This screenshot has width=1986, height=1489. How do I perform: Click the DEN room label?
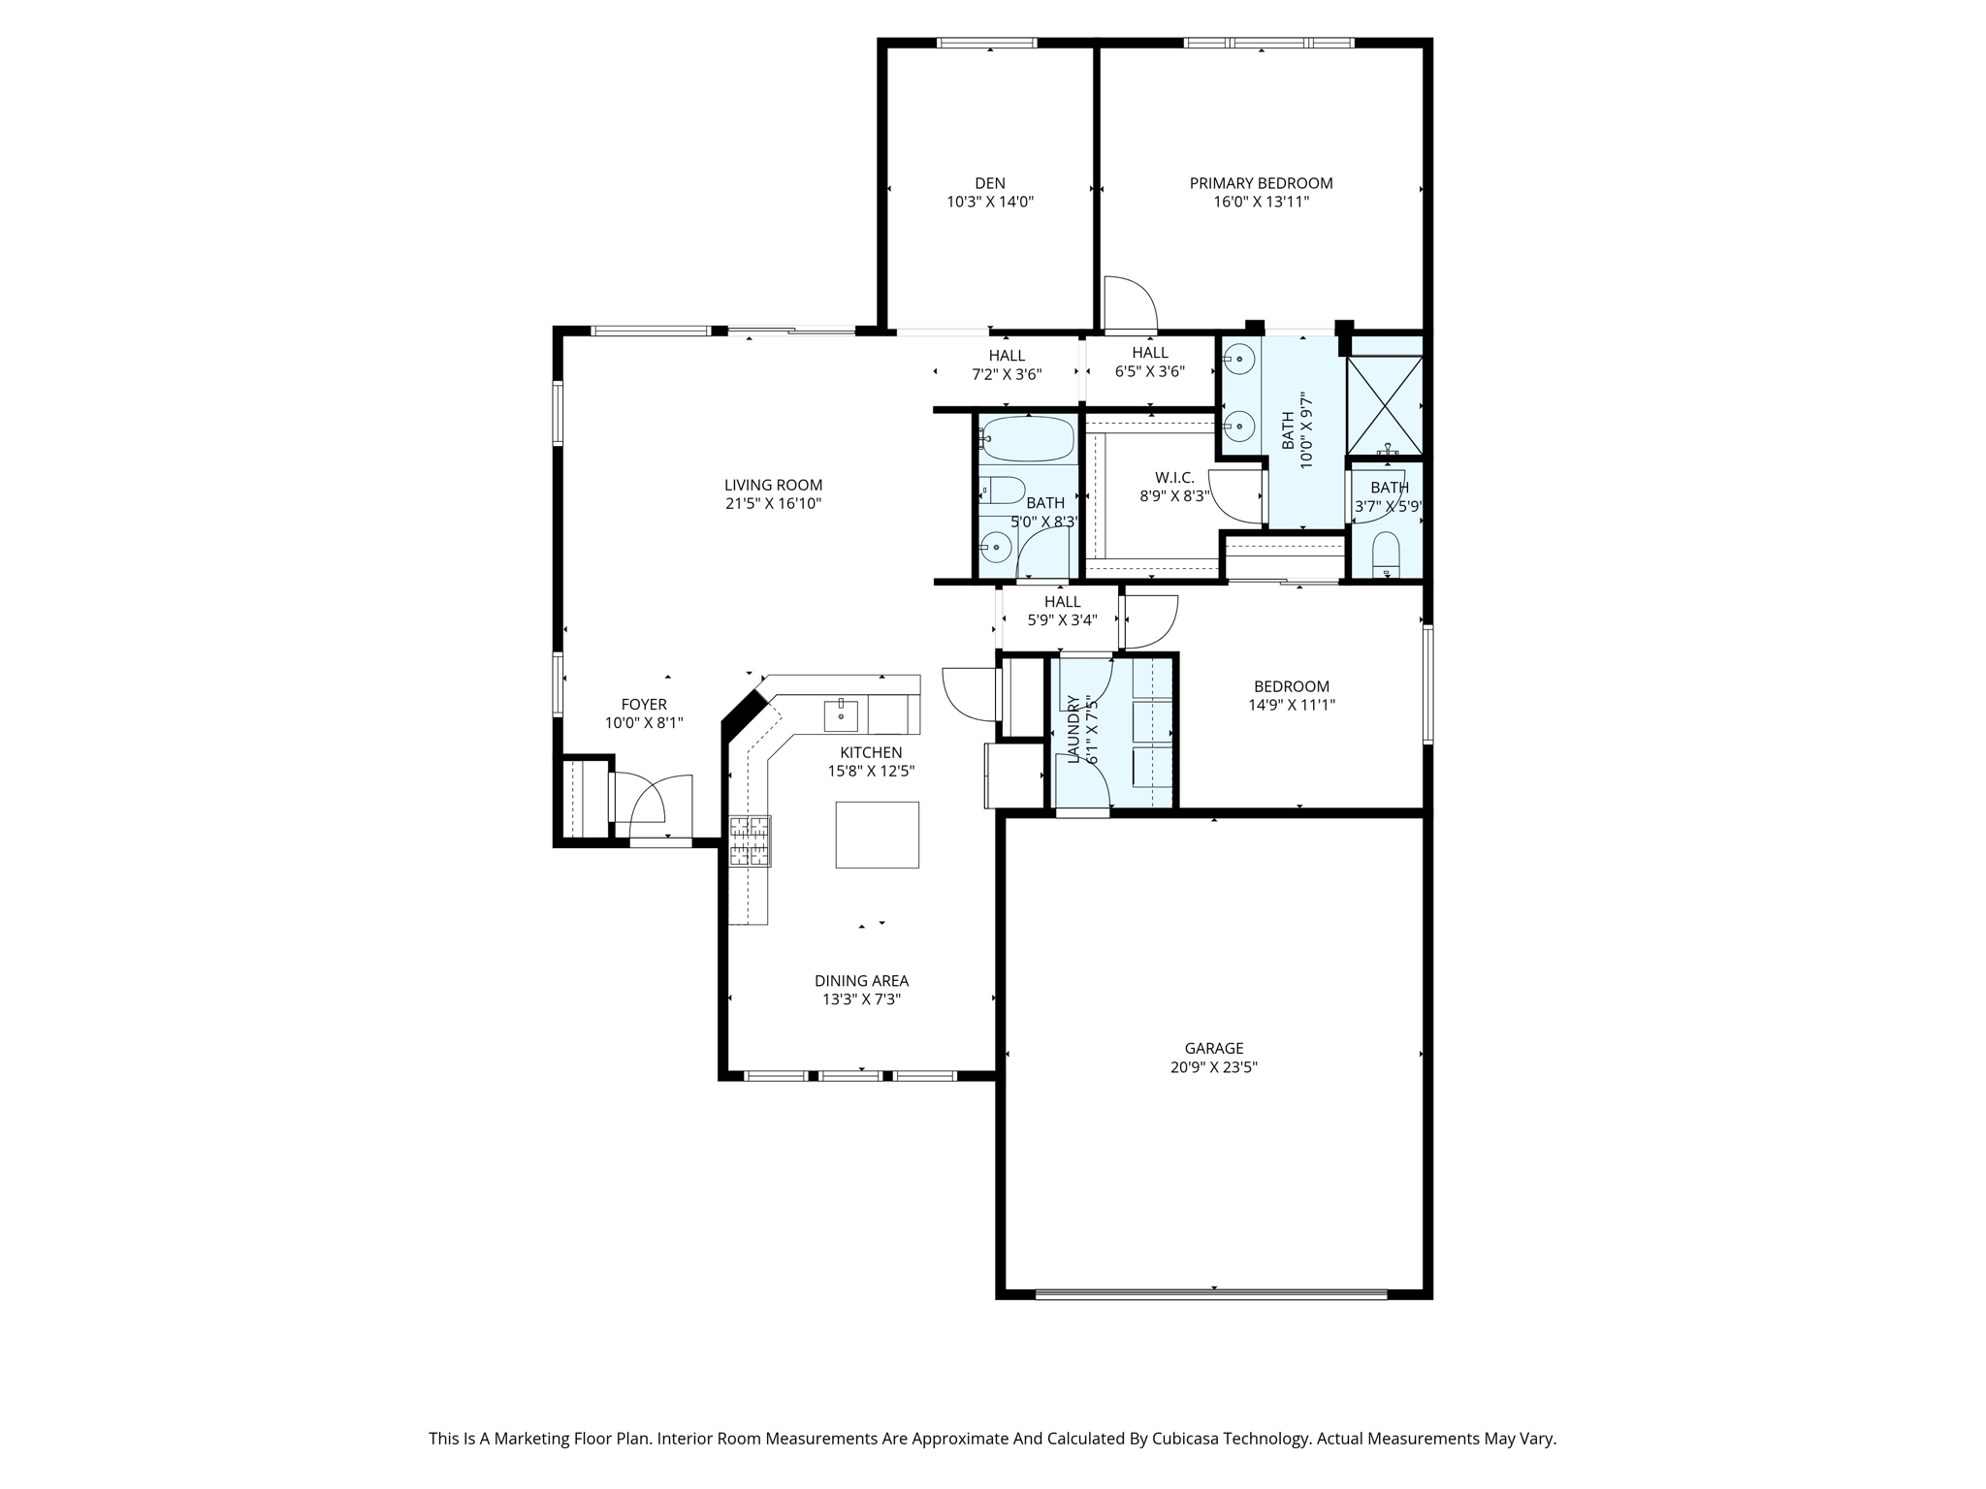click(x=990, y=183)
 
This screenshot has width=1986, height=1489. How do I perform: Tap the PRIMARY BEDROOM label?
click(x=1261, y=183)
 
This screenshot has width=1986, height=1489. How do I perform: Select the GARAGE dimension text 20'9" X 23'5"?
click(x=1214, y=1067)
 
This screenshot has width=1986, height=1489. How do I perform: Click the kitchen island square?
click(x=878, y=835)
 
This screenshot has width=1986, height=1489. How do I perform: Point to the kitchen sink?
click(x=841, y=715)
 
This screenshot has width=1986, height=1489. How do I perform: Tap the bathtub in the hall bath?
click(x=1026, y=439)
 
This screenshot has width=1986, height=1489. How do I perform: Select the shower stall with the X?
click(x=1385, y=405)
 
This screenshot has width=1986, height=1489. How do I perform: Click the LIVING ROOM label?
click(x=773, y=486)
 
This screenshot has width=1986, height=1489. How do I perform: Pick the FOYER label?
click(x=644, y=705)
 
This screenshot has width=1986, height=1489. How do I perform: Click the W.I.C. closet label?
click(x=1174, y=478)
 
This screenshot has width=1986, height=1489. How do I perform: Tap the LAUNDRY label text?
click(x=1073, y=729)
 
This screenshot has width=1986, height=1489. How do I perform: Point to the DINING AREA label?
click(x=861, y=981)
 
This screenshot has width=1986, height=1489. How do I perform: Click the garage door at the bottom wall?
click(x=1212, y=1293)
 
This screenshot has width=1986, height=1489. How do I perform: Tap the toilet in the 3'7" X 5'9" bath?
click(x=1388, y=555)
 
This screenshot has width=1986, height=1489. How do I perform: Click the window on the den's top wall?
click(x=987, y=43)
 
